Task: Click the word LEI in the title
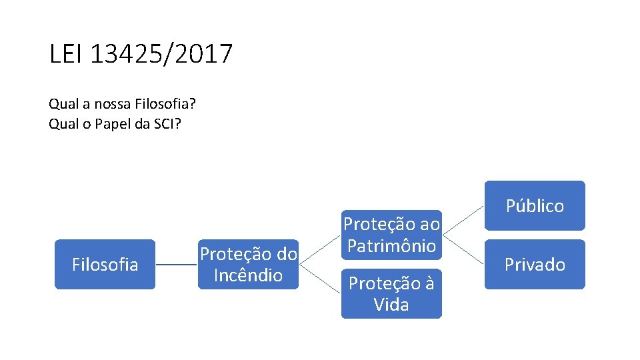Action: [x=65, y=54]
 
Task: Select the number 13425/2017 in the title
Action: [x=161, y=54]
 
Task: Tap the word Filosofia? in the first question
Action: [x=166, y=104]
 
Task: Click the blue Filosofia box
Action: [x=105, y=265]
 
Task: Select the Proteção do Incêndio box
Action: [x=248, y=265]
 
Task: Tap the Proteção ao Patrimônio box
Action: [x=391, y=235]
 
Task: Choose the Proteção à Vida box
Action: [x=391, y=294]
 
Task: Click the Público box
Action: [x=535, y=205]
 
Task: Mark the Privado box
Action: [x=535, y=265]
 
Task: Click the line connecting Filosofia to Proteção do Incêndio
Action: [x=177, y=265]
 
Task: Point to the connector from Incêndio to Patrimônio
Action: [x=320, y=250]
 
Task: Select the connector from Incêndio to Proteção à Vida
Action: [x=320, y=279]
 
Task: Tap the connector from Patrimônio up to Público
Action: [x=463, y=220]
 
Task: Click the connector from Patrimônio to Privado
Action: [x=463, y=249]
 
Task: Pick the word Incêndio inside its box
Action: [x=248, y=275]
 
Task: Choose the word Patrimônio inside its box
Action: [x=391, y=245]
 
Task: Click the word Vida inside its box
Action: [x=391, y=305]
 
